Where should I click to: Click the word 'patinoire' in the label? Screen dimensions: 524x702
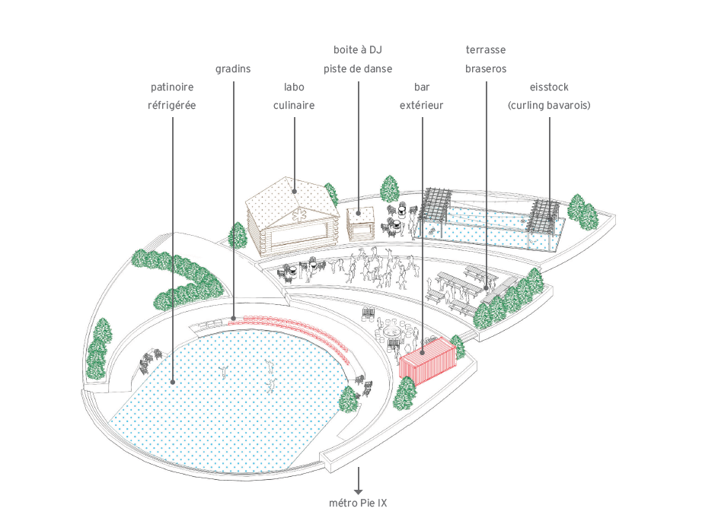click(171, 87)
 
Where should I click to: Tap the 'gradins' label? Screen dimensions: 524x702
click(233, 68)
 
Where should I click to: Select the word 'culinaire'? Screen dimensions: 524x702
click(294, 106)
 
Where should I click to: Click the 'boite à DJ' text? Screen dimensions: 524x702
click(357, 50)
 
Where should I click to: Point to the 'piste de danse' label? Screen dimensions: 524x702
click(357, 68)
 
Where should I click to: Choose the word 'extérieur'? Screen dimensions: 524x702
click(421, 106)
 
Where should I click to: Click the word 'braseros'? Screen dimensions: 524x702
click(486, 68)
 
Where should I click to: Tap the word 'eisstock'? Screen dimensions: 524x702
click(549, 87)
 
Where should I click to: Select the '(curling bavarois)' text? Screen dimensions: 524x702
click(549, 106)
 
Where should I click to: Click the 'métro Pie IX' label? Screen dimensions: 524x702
click(358, 503)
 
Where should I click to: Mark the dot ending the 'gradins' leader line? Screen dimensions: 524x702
click(233, 318)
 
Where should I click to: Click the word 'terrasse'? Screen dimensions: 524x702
click(486, 50)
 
